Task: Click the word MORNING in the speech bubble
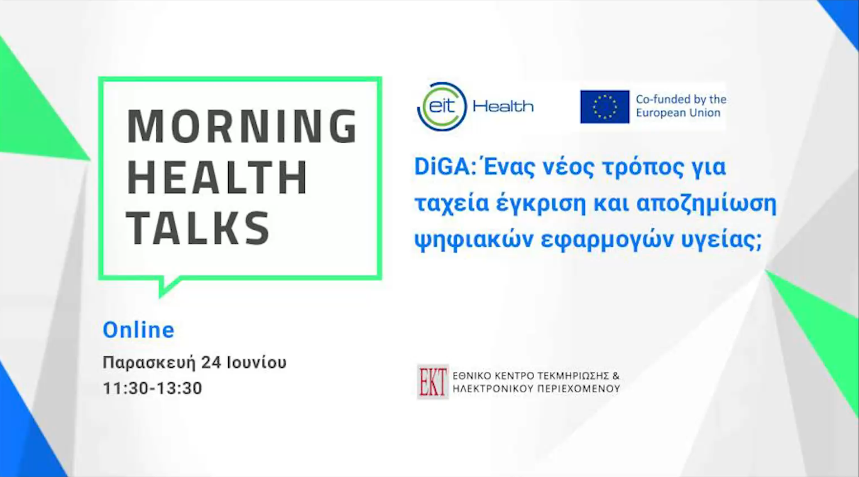[x=242, y=126]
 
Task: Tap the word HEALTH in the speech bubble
[x=217, y=178]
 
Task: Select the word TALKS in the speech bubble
[x=198, y=228]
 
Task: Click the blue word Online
[x=138, y=330]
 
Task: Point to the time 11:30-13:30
[x=152, y=388]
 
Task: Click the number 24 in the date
[x=211, y=362]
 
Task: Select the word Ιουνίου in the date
[x=256, y=362]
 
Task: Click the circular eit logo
[x=442, y=107]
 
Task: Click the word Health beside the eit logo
[x=503, y=106]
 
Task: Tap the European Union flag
[x=605, y=107]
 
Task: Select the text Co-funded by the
[x=681, y=100]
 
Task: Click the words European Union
[x=678, y=113]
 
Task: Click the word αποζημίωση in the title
[x=706, y=204]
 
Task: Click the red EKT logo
[x=432, y=382]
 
